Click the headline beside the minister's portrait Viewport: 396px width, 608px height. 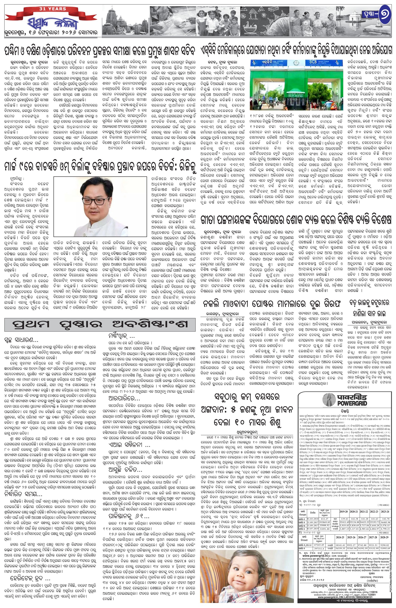coord(100,167)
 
